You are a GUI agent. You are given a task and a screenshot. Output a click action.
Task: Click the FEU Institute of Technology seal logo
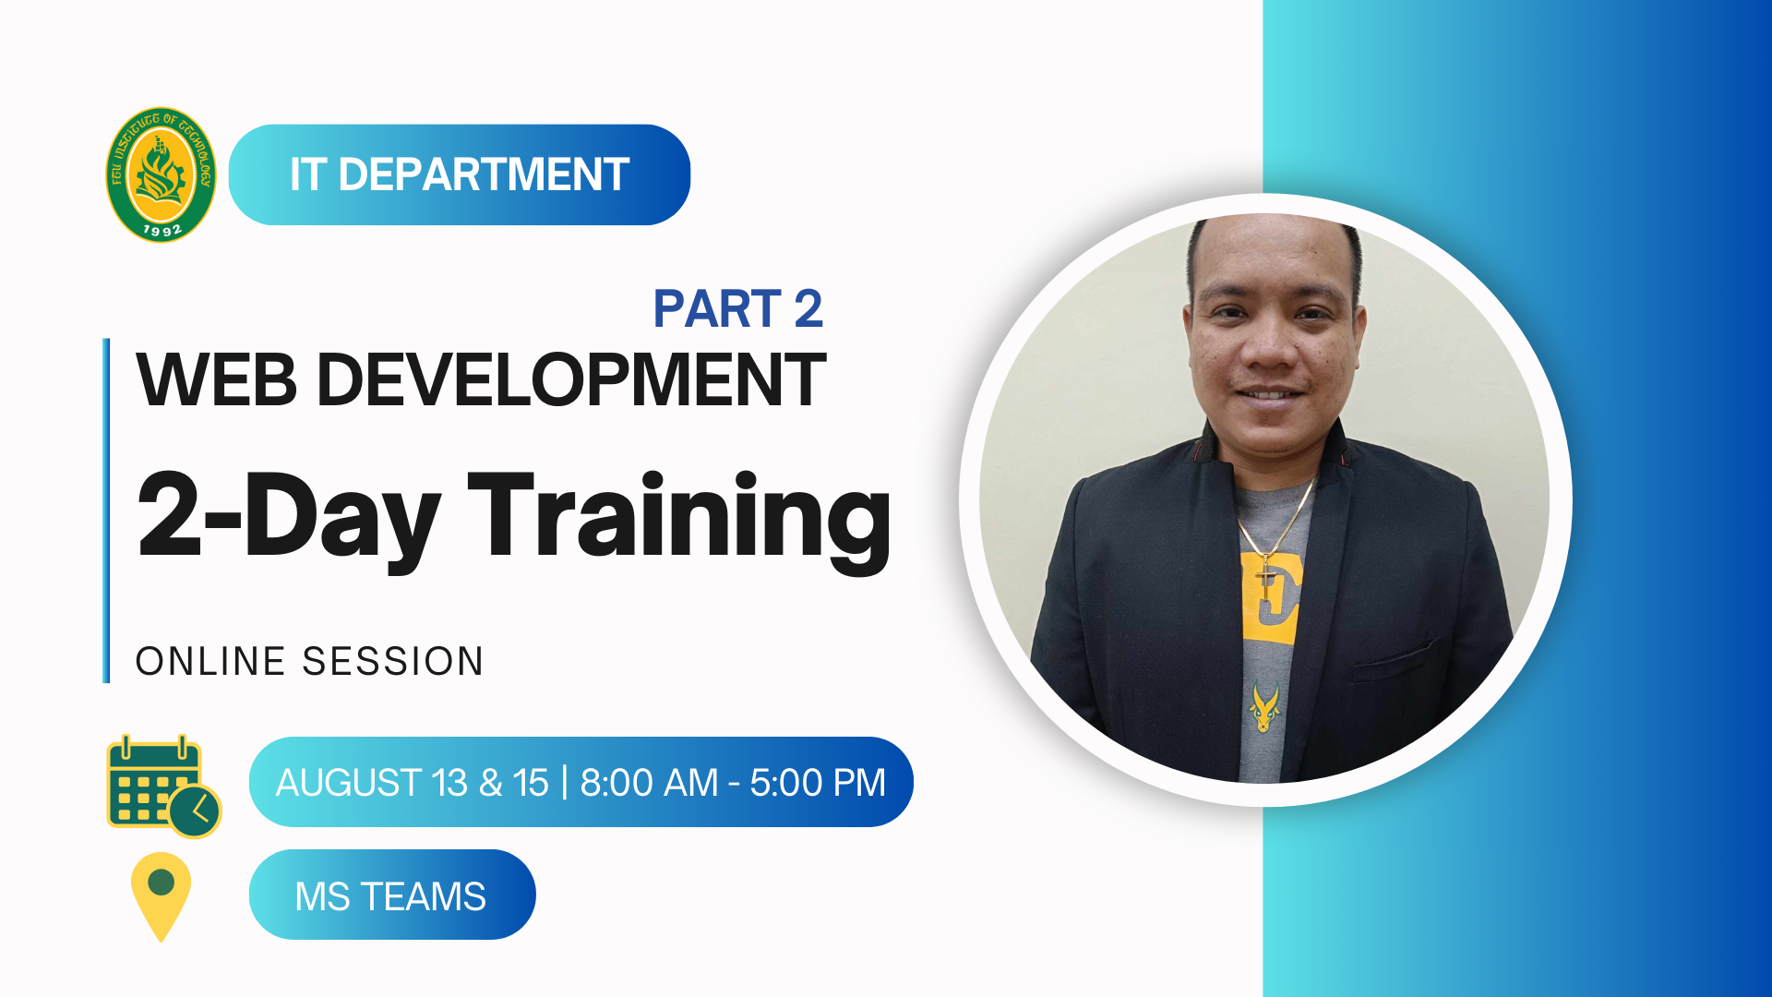162,174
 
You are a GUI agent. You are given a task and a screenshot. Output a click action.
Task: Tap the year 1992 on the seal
162,229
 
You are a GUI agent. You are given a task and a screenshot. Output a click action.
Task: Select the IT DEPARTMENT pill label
460,174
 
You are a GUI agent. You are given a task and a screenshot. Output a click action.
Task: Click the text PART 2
738,308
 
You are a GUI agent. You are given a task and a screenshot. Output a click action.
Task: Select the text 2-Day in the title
288,517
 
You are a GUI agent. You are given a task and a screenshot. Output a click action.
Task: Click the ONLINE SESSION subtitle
309,662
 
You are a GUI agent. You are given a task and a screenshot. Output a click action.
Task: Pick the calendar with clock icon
163,787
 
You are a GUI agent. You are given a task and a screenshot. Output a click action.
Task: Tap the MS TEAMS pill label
392,895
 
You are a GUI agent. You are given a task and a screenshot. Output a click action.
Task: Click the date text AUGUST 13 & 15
413,783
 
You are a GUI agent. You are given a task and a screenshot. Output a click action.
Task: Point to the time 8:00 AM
649,783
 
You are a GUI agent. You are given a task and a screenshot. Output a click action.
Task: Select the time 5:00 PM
818,783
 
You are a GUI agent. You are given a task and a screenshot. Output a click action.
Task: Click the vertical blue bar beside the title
106,511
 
